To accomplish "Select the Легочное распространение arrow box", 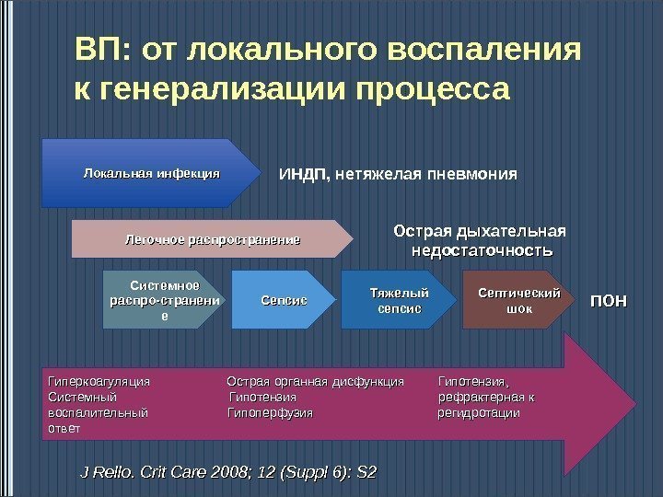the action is (x=212, y=240).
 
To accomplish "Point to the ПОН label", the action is (x=609, y=301).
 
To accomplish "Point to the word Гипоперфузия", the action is (x=270, y=413).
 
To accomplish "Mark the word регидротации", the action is (x=479, y=413).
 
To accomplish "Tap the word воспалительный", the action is (x=97, y=413).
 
